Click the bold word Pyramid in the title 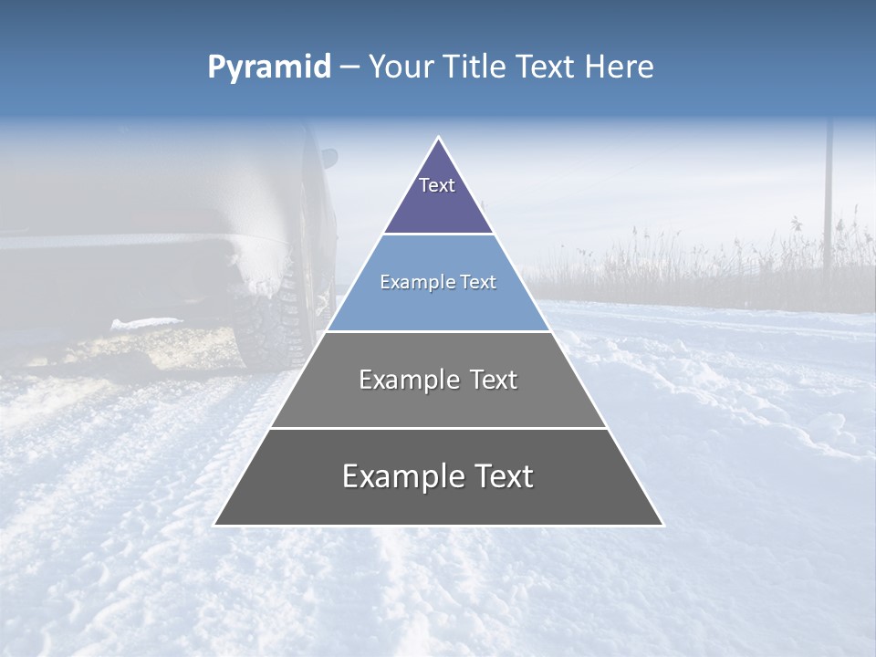point(269,68)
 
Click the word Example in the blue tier point(410,282)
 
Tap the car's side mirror point(328,157)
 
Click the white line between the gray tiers point(438,428)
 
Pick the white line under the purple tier point(438,234)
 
